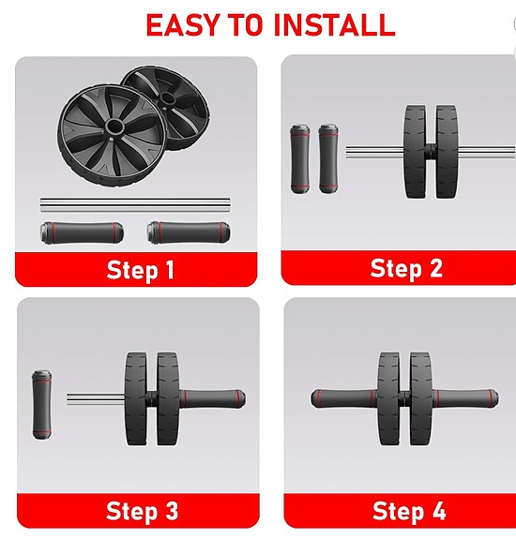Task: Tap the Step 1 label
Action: point(140,271)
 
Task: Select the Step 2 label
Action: point(406,269)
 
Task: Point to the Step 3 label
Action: point(142,511)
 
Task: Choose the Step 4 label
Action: point(409,511)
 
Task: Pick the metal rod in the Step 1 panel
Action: point(136,203)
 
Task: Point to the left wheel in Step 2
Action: point(417,150)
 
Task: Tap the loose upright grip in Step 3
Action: point(41,404)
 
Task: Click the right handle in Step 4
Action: point(465,397)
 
